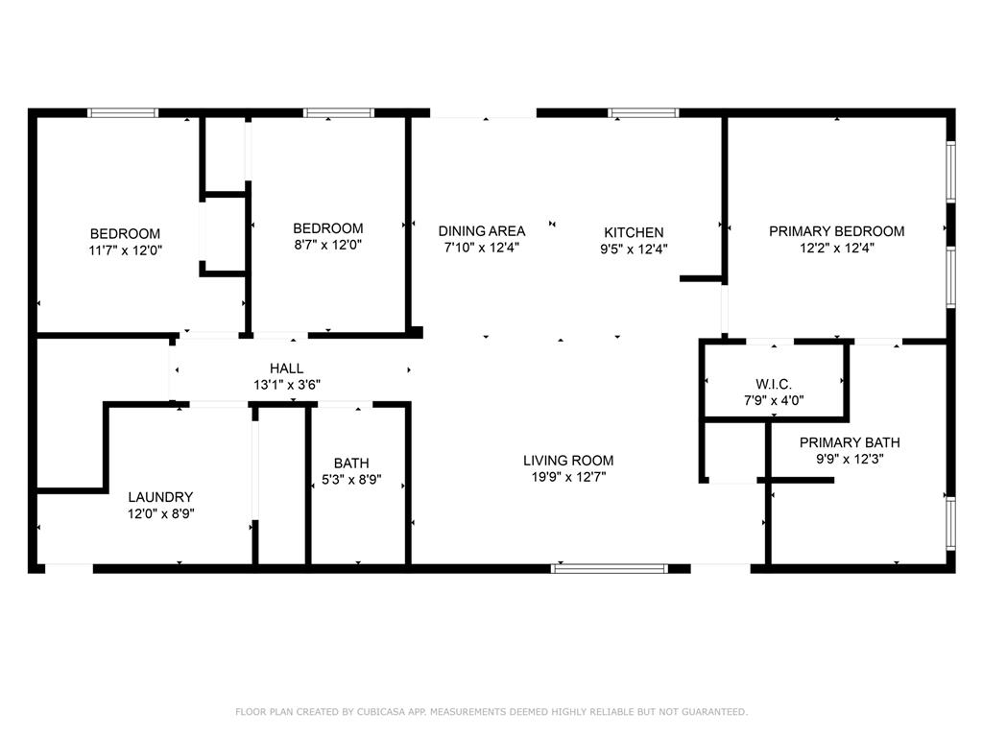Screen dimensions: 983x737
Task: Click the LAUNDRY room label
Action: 160,497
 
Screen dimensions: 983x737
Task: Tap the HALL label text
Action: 286,368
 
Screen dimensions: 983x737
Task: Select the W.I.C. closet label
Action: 774,384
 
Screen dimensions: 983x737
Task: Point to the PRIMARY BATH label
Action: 850,442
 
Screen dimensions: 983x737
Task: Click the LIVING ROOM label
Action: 568,461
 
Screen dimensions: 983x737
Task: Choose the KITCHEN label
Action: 634,232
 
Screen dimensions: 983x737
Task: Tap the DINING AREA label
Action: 482,231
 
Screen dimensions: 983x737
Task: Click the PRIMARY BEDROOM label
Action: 837,231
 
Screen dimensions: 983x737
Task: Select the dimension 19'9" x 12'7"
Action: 568,477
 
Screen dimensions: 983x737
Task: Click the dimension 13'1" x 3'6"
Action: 287,385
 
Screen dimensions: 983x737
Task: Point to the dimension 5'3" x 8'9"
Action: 351,480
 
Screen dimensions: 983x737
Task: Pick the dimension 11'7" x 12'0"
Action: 126,250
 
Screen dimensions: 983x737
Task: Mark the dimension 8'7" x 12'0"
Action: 328,245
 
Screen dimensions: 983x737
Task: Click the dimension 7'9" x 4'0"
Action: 774,400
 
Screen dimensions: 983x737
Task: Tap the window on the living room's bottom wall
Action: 610,569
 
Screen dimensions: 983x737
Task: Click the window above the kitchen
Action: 643,113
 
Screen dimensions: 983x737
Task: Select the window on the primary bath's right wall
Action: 951,523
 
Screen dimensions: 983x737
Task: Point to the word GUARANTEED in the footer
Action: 714,712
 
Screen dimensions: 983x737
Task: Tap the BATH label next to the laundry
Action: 351,464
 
